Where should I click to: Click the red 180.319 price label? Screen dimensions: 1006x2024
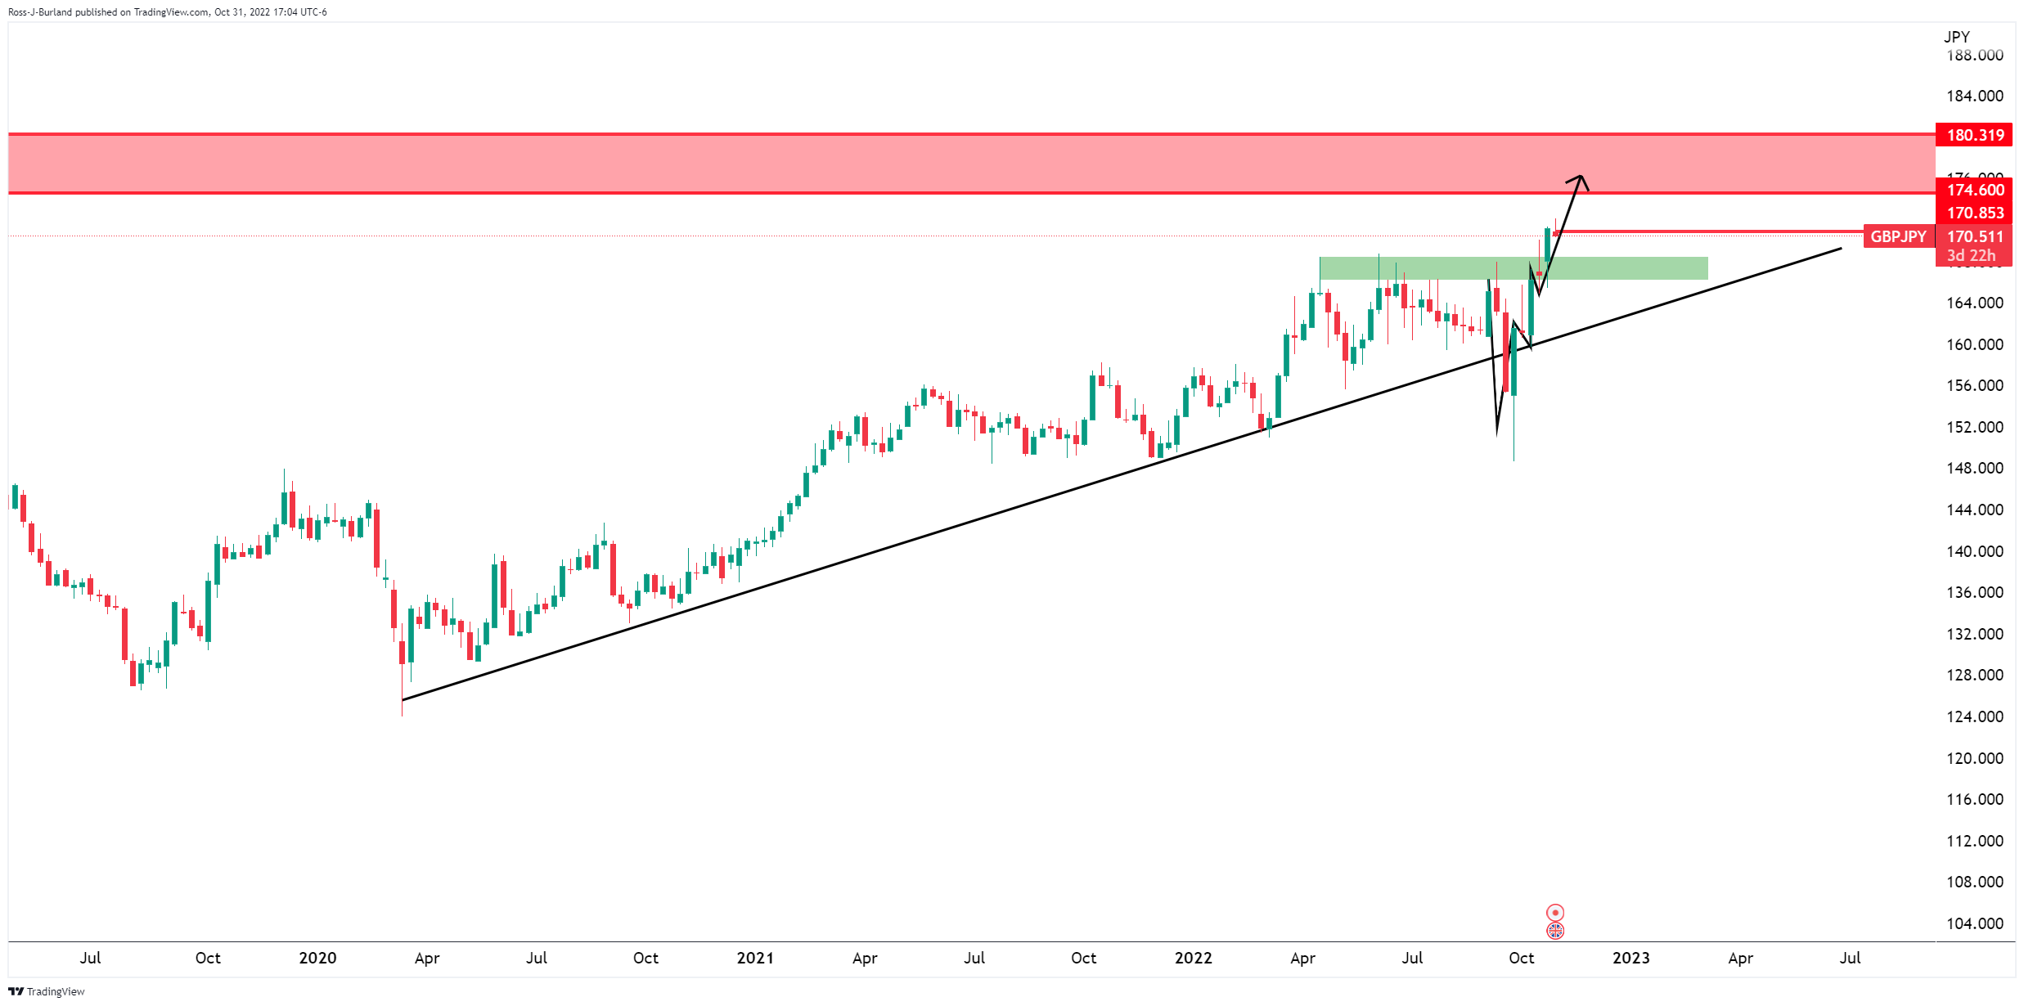tap(1974, 135)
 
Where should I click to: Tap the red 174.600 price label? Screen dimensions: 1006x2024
tap(1974, 190)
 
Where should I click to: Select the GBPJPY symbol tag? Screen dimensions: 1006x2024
tap(1898, 236)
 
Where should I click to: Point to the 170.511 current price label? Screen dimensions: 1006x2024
tap(1974, 236)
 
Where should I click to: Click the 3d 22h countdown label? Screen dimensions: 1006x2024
tap(1971, 255)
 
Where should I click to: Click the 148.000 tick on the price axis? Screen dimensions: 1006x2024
tap(1974, 468)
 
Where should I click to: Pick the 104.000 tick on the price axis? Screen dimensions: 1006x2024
tap(1974, 923)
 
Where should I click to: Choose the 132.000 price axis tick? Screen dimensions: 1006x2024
tap(1974, 634)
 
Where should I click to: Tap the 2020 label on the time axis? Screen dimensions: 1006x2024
tap(317, 958)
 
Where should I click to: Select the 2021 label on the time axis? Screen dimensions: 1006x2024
tap(755, 958)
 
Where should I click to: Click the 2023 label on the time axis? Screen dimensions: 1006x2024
tap(1630, 958)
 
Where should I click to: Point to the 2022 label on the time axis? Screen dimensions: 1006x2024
tap(1193, 958)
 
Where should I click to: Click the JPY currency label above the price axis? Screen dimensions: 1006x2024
tap(1956, 37)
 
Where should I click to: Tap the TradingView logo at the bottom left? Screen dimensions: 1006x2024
tap(47, 991)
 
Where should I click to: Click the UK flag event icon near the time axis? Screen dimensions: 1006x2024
tap(1555, 931)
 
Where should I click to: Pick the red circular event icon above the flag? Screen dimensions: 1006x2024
tap(1555, 912)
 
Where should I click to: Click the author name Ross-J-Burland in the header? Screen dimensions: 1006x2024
tap(40, 12)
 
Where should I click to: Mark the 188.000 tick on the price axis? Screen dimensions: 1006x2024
tap(1974, 56)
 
